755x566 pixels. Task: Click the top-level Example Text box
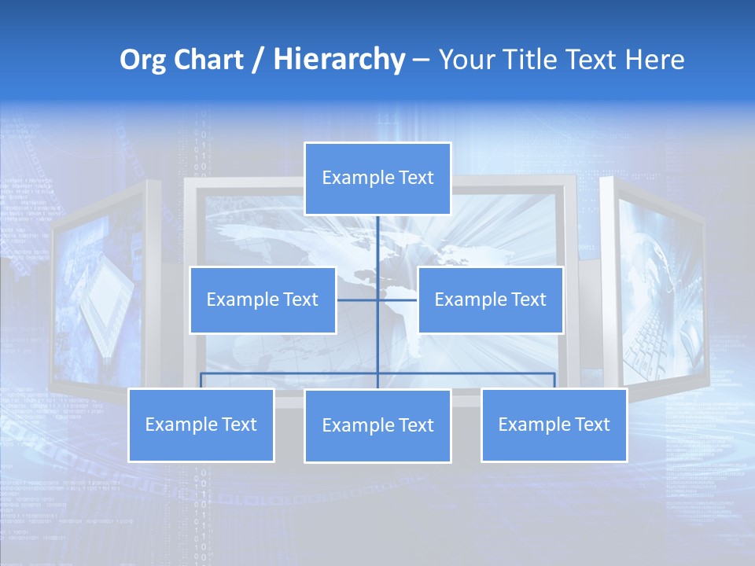click(377, 178)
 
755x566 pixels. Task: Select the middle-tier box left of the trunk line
click(263, 300)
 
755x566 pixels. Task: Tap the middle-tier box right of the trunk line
click(490, 300)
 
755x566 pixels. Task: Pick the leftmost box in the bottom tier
click(201, 424)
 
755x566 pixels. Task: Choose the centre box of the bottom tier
click(377, 425)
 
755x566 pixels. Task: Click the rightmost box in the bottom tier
click(554, 424)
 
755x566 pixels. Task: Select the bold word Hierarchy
click(338, 60)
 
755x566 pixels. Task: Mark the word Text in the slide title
click(595, 60)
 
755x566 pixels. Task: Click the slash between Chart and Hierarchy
click(257, 60)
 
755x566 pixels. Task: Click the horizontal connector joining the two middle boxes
click(358, 300)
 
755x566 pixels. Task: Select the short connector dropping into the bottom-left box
click(201, 380)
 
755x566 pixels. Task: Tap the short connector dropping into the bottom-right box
click(554, 380)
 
